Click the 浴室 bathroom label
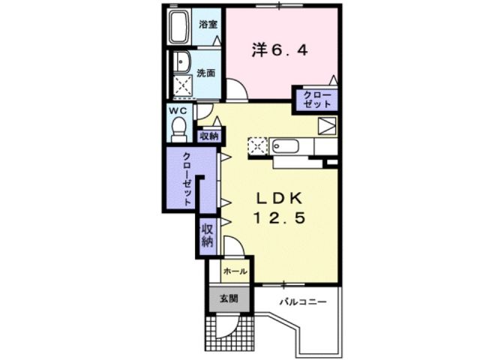208,24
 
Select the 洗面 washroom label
205,73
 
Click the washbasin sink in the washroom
181,61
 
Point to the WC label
178,111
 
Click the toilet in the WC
178,130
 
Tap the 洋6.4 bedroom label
280,50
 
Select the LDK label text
280,199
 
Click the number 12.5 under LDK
279,218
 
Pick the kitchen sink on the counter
285,146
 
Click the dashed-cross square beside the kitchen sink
258,146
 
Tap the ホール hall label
235,271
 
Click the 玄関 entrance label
229,298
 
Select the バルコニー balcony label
303,302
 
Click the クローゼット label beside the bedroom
317,100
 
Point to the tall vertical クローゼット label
187,178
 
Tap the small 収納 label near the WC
209,136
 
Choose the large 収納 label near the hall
207,235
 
